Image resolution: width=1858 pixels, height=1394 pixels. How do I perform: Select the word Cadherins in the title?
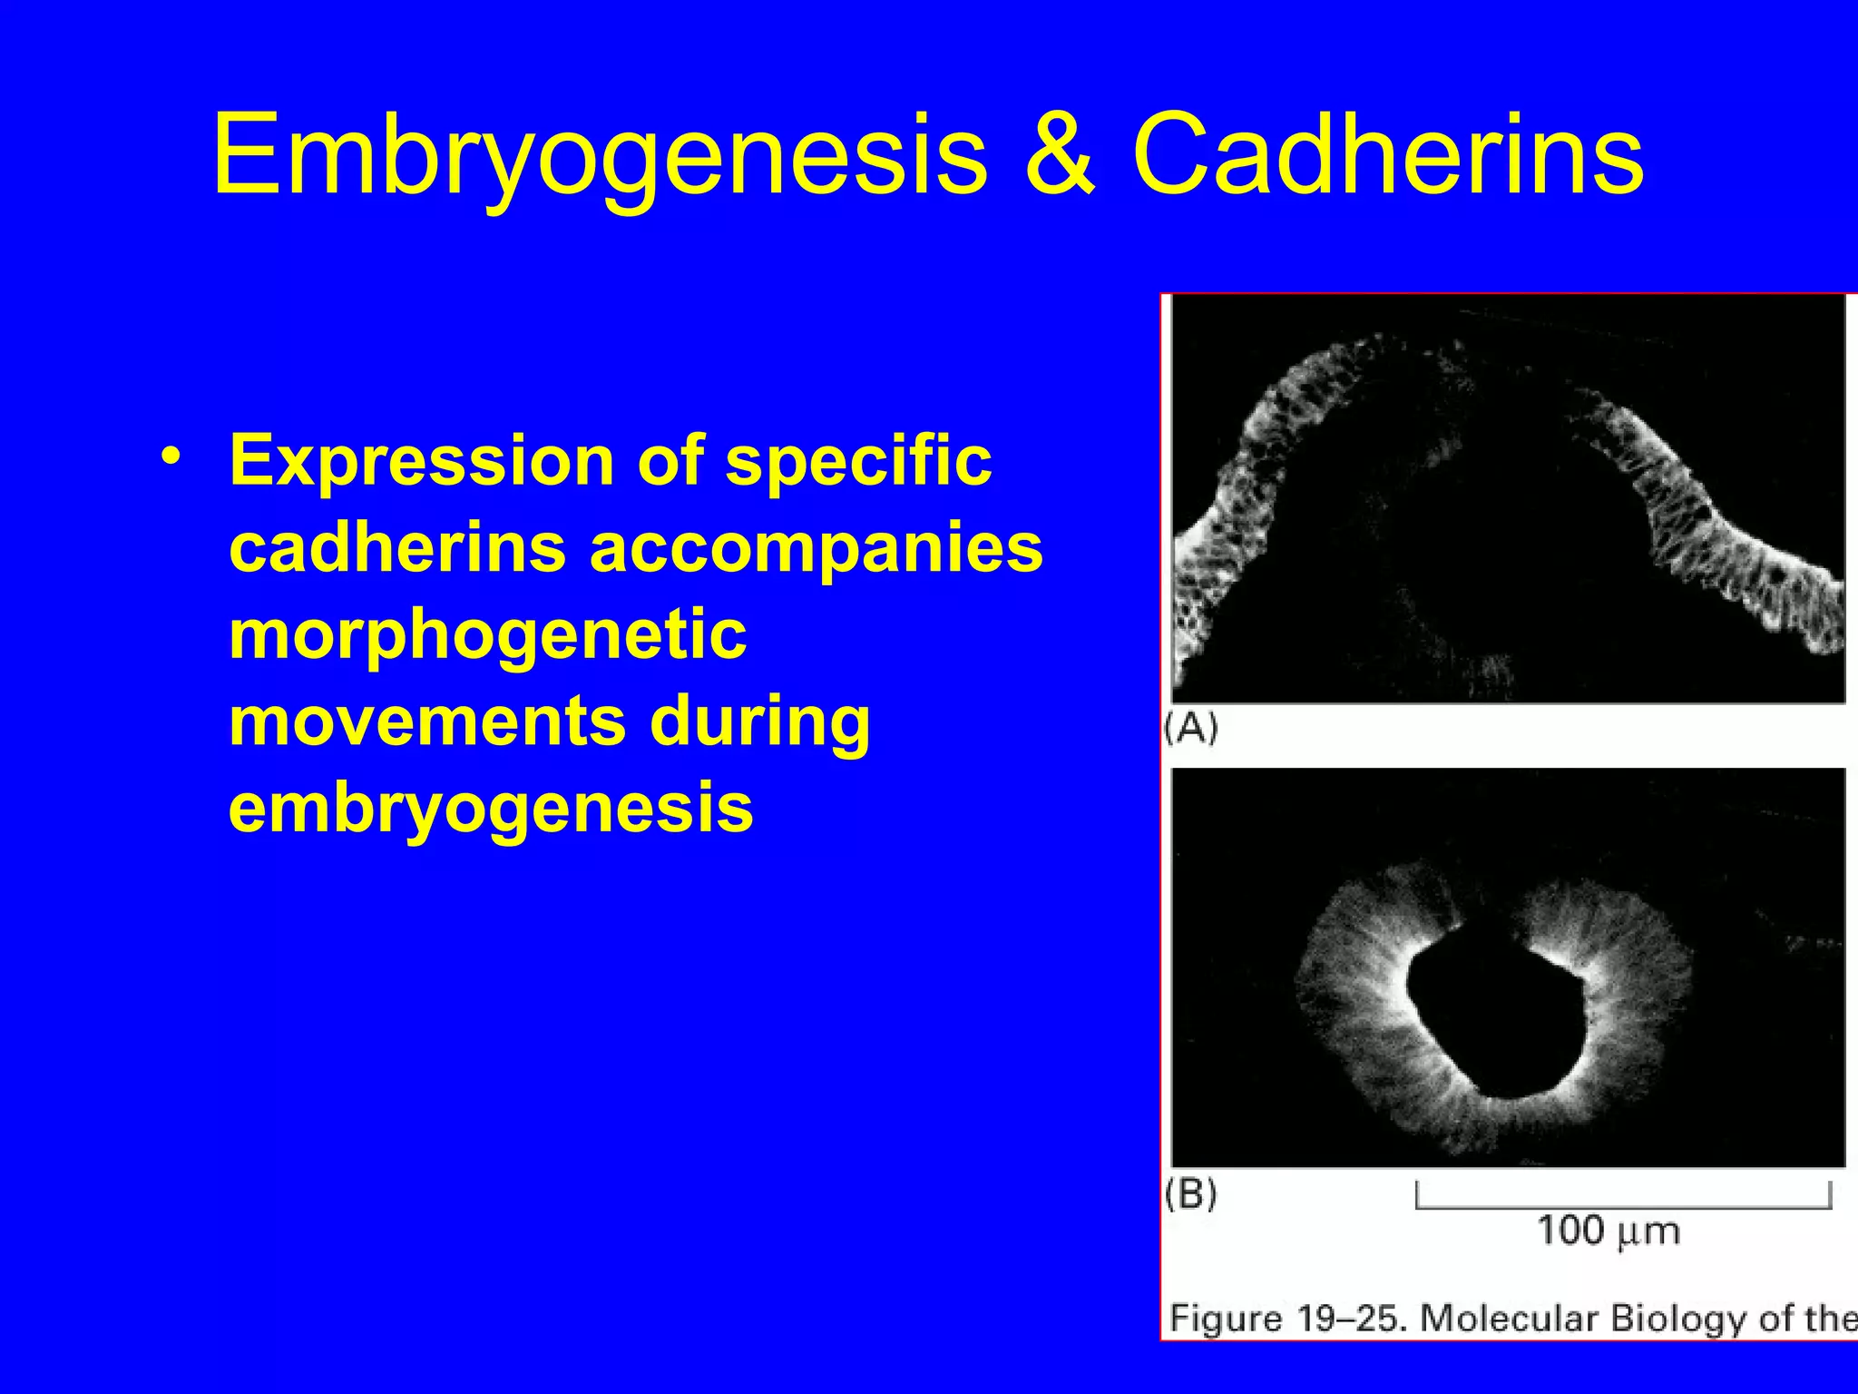tap(1388, 154)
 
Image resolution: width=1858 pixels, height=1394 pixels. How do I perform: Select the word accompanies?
tap(817, 548)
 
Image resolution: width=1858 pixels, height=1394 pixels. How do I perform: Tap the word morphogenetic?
tap(487, 635)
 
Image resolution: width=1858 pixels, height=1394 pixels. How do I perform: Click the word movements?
tap(426, 722)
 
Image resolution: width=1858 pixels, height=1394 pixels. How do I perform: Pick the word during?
tap(760, 722)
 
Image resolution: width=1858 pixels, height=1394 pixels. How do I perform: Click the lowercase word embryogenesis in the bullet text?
tap(491, 808)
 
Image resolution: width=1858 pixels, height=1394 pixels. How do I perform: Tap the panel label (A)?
tap(1191, 728)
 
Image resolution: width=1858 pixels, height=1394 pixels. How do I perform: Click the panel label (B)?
tap(1191, 1193)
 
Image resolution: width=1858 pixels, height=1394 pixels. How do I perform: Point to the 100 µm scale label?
tap(1608, 1232)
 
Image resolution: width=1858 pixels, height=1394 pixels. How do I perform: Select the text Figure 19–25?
tap(1288, 1318)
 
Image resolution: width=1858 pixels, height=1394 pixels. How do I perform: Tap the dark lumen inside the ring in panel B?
tap(1497, 1016)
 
